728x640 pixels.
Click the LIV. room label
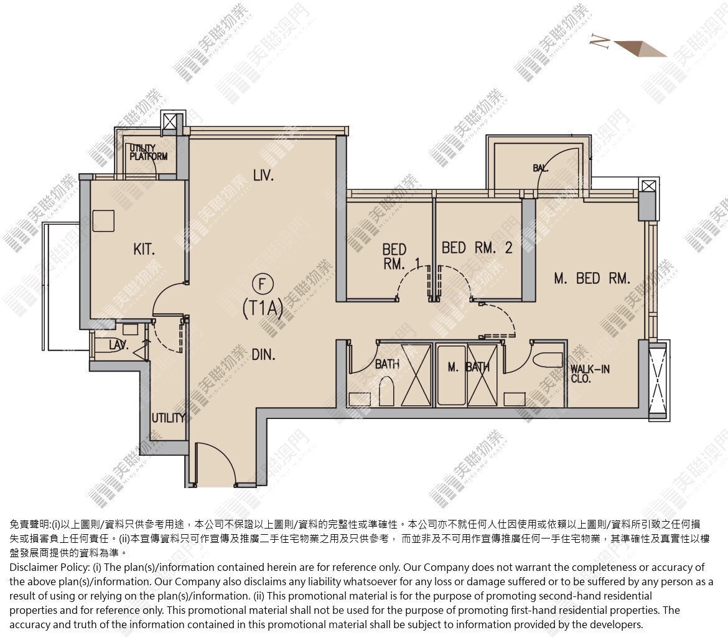click(x=263, y=176)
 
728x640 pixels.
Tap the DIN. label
click(x=263, y=355)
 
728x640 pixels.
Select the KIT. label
click(x=144, y=250)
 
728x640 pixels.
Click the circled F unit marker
click(x=263, y=284)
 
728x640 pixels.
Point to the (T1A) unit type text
click(x=263, y=308)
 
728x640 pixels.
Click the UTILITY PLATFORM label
click(x=148, y=153)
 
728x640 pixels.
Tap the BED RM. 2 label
click(x=477, y=248)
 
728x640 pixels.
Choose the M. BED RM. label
click(x=592, y=279)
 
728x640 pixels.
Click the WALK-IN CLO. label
click(x=590, y=374)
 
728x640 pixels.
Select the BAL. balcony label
click(x=541, y=168)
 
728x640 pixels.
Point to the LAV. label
click(x=119, y=345)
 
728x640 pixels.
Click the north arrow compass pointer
click(x=641, y=49)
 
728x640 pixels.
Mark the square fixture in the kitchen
click(x=103, y=220)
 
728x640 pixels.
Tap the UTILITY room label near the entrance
click(x=168, y=418)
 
